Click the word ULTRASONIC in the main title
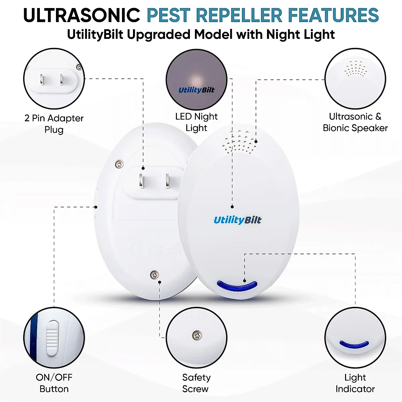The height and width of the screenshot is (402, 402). click(x=81, y=15)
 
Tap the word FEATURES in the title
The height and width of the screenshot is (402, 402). click(x=333, y=15)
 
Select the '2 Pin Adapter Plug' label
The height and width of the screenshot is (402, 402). click(x=54, y=124)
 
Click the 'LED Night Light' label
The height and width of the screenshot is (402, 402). click(x=196, y=122)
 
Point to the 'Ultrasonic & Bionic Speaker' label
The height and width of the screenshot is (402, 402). click(x=355, y=122)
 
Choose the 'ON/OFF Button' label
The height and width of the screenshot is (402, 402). click(x=54, y=383)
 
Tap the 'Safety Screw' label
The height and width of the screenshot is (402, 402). click(x=196, y=383)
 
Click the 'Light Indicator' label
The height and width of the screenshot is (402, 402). click(x=355, y=383)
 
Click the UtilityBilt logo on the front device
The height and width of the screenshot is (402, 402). click(x=237, y=220)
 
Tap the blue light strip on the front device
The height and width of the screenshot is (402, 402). click(x=237, y=286)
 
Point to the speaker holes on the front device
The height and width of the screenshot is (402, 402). click(x=239, y=141)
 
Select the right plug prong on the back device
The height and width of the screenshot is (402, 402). click(x=167, y=181)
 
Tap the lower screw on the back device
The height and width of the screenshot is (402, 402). click(x=154, y=275)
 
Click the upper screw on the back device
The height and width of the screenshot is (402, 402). click(x=119, y=164)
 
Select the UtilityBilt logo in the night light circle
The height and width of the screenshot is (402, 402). click(x=196, y=90)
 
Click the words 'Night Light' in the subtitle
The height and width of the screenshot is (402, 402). click(x=300, y=35)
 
